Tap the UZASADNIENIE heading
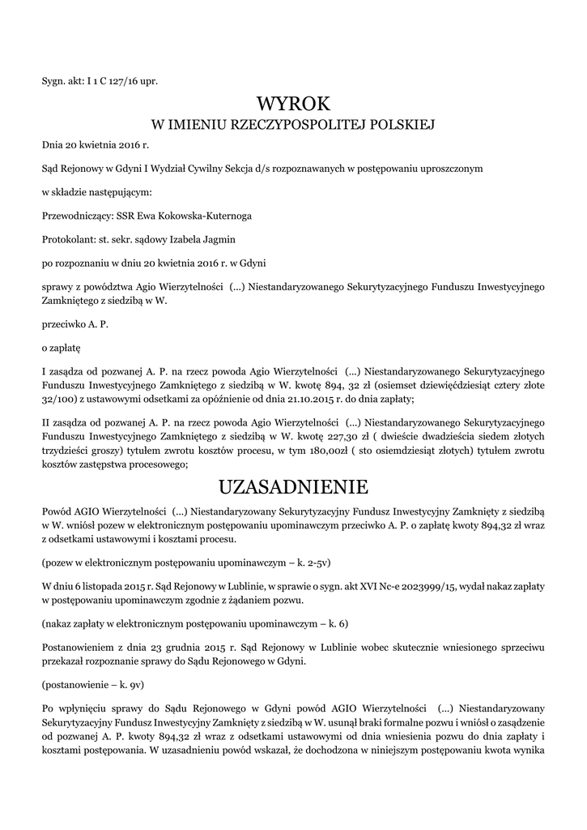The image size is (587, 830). click(x=293, y=487)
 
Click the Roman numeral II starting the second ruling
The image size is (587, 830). click(x=46, y=423)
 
